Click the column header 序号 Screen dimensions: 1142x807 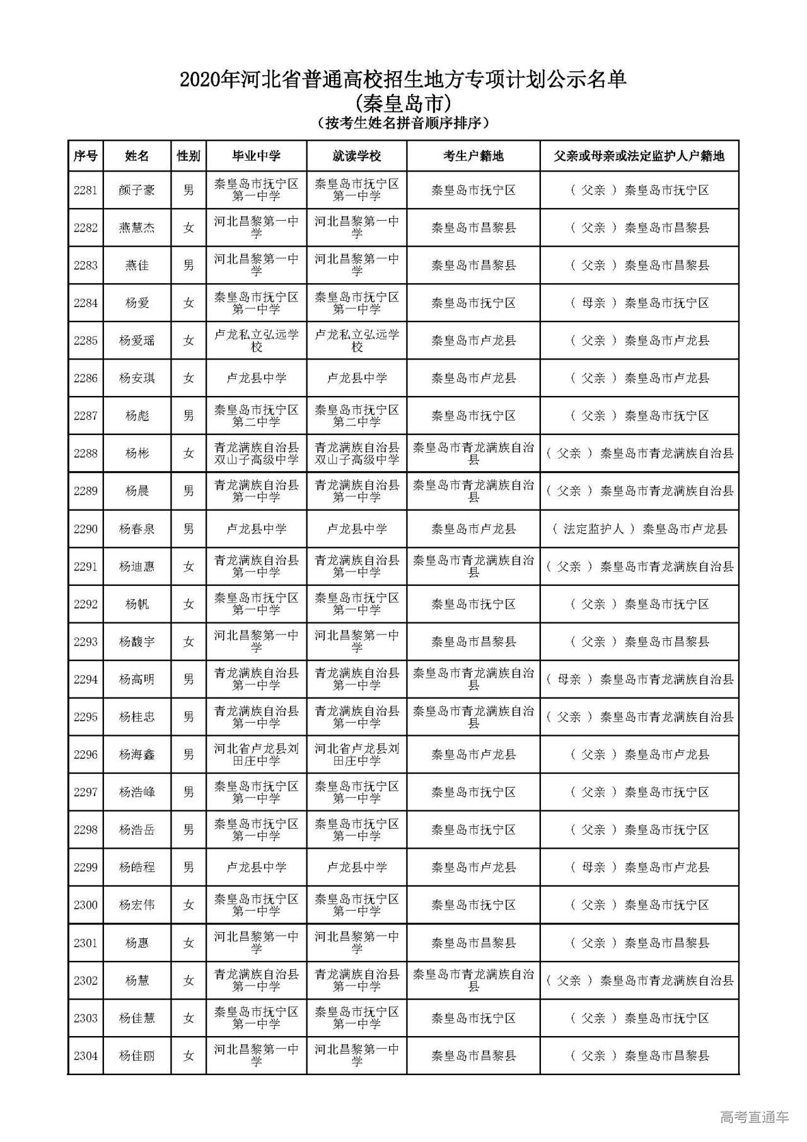click(86, 156)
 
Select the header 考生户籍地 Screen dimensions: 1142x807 click(473, 156)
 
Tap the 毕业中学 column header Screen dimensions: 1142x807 click(256, 156)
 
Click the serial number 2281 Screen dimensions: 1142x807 click(86, 190)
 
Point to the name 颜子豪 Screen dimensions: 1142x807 click(137, 190)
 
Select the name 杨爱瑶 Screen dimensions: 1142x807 click(137, 341)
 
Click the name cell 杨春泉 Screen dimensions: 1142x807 click(137, 529)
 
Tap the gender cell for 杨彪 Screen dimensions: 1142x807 click(189, 416)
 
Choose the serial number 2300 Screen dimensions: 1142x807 click(86, 905)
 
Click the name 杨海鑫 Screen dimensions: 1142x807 click(137, 755)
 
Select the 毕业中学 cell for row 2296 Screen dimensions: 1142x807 click(256, 755)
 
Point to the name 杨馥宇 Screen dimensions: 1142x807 click(137, 642)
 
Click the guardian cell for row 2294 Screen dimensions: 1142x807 click(639, 679)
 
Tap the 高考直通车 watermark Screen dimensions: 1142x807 click(754, 1117)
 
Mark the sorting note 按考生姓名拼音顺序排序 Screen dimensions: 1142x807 click(403, 123)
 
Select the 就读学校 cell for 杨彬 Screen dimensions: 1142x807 click(357, 453)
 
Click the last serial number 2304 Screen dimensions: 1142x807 click(86, 1056)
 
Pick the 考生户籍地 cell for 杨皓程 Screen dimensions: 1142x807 click(473, 868)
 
